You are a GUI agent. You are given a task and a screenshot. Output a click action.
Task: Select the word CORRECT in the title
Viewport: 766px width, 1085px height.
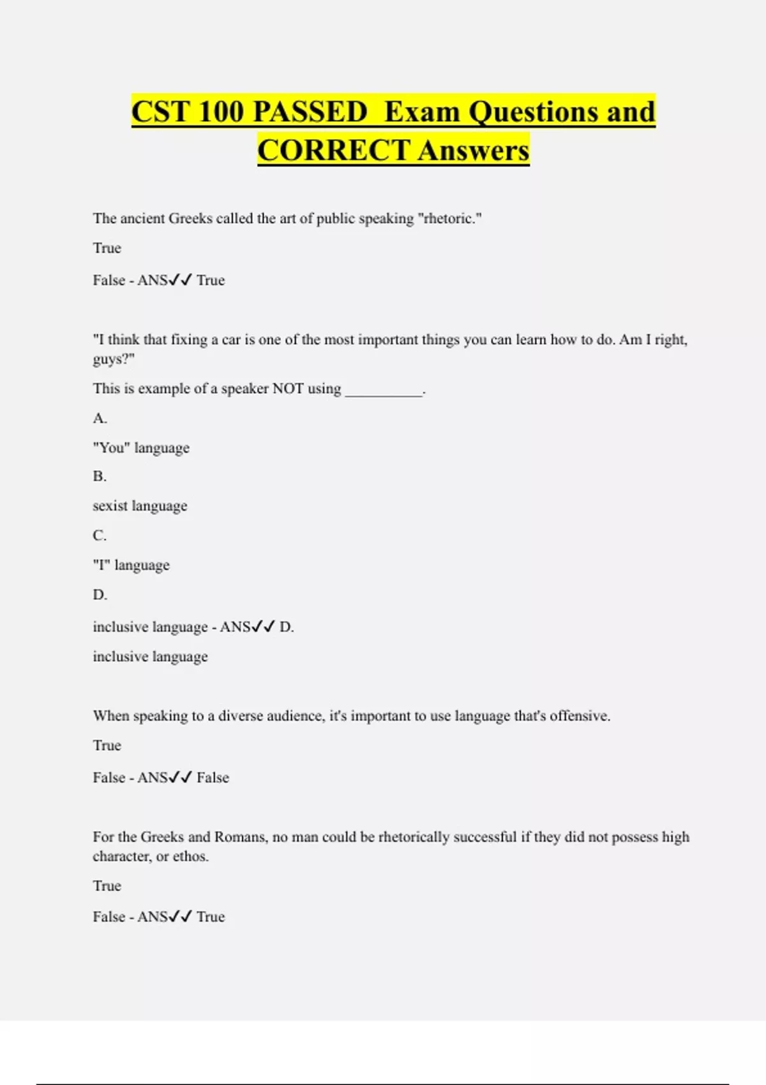pyautogui.click(x=334, y=151)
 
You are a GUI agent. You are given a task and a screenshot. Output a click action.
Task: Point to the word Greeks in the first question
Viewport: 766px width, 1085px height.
pyautogui.click(x=190, y=218)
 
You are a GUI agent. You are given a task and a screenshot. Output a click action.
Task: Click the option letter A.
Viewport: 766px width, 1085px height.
pyautogui.click(x=100, y=418)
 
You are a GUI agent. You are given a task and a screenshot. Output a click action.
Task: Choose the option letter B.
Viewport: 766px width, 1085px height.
pyautogui.click(x=100, y=476)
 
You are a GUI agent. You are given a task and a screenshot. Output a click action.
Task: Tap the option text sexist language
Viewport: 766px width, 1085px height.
pyautogui.click(x=140, y=505)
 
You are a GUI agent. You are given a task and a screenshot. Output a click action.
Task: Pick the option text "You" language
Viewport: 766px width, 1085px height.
pyautogui.click(x=141, y=448)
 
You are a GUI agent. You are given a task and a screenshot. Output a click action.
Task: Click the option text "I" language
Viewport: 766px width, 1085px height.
pyautogui.click(x=131, y=565)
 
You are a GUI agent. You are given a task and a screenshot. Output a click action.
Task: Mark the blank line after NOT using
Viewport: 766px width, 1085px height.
pyautogui.click(x=383, y=389)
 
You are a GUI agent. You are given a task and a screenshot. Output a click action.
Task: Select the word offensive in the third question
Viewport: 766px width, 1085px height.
pyautogui.click(x=578, y=716)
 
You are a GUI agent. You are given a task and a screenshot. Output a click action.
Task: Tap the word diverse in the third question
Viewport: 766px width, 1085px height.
pyautogui.click(x=241, y=716)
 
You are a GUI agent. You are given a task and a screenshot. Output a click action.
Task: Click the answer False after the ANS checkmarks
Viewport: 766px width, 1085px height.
pyautogui.click(x=213, y=777)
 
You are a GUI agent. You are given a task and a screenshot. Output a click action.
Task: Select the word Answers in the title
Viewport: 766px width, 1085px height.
pyautogui.click(x=474, y=151)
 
